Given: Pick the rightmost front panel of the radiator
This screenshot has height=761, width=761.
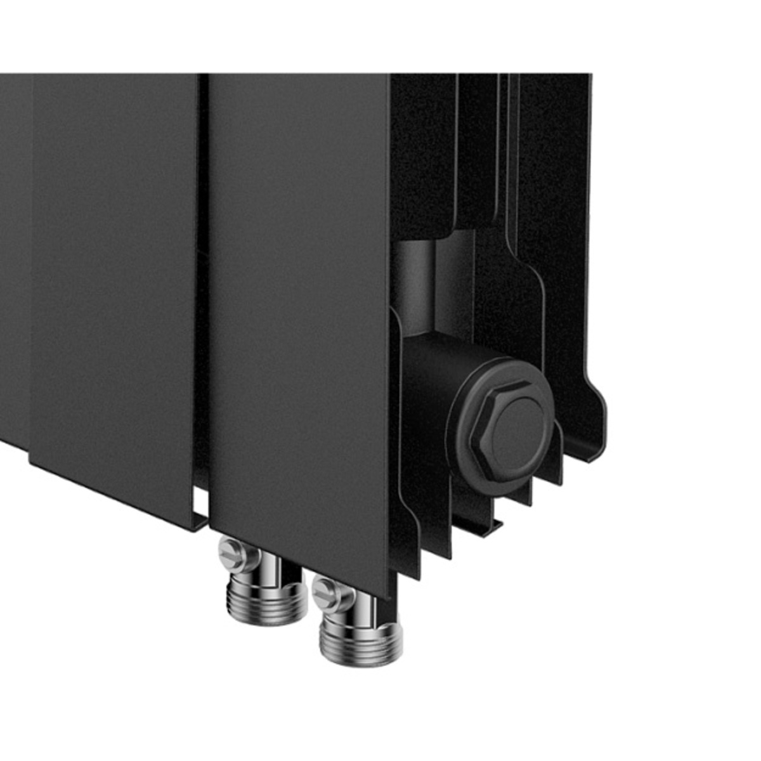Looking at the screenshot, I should tap(298, 317).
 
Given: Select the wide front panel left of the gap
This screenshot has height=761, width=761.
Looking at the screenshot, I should tap(114, 285).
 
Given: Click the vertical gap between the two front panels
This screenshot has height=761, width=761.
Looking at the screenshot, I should tap(203, 285).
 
